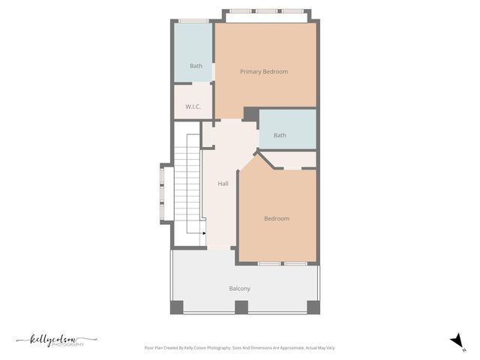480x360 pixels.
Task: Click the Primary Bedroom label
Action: pos(264,72)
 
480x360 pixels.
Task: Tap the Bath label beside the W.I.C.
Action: pos(196,66)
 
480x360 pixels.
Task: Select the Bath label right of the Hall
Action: pos(280,136)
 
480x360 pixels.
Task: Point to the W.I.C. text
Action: pos(193,106)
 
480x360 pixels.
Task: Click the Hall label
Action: pos(223,184)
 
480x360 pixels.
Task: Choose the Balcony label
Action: pos(240,289)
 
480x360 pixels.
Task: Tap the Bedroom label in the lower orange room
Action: pos(277,219)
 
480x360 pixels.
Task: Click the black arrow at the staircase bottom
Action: pos(204,233)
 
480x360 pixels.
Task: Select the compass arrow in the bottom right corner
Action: pos(455,341)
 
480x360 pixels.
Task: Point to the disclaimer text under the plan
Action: pos(240,348)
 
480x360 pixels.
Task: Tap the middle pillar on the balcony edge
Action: pos(241,307)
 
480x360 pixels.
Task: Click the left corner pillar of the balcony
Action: pos(177,307)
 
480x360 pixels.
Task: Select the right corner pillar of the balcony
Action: pos(313,307)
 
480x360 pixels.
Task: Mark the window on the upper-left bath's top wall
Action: pos(193,20)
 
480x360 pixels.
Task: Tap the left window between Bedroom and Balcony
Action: pos(270,264)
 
